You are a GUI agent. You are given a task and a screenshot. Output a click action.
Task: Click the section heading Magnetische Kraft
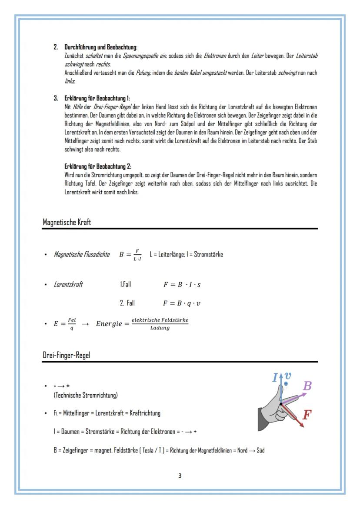click(x=67, y=222)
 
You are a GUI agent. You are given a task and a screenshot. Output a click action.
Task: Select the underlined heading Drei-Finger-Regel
click(x=66, y=355)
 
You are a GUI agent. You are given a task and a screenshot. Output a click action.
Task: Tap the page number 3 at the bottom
click(x=180, y=476)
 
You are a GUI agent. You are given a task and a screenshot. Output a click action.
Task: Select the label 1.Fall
click(x=125, y=285)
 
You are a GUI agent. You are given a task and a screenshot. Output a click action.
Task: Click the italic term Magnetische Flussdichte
click(x=82, y=254)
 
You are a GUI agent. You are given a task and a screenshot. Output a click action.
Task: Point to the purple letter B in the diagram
click(x=307, y=386)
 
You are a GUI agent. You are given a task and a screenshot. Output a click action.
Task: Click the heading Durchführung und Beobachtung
click(x=101, y=47)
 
